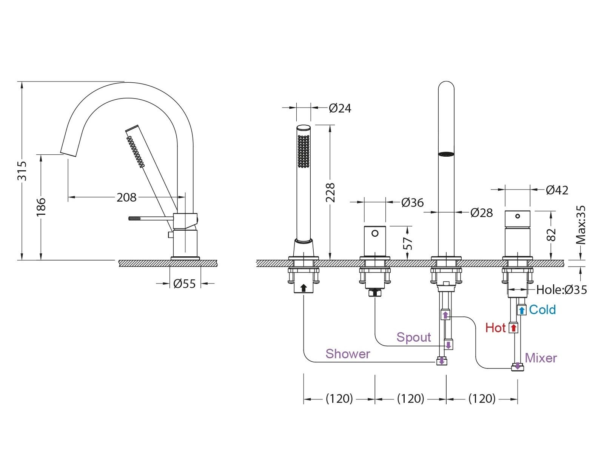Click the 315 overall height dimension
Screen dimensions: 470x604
click(22, 171)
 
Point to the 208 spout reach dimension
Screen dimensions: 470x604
click(126, 197)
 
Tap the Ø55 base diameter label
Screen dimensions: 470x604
click(185, 284)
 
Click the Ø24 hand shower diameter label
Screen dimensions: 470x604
click(340, 108)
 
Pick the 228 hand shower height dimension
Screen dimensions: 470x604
click(330, 193)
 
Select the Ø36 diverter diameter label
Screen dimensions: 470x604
click(412, 203)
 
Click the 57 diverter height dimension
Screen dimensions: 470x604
click(408, 243)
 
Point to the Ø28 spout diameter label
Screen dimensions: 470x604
click(482, 213)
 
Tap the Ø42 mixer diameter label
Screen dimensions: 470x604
click(557, 190)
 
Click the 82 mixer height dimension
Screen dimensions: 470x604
click(552, 235)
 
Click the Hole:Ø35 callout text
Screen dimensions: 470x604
click(561, 290)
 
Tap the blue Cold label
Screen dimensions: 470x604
click(542, 310)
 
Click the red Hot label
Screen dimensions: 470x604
click(495, 328)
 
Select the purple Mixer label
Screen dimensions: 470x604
click(541, 358)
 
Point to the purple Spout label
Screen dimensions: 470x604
click(413, 337)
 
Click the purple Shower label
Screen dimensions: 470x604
click(348, 354)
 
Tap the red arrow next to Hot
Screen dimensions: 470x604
click(513, 328)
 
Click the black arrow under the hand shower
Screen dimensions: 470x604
click(303, 288)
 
